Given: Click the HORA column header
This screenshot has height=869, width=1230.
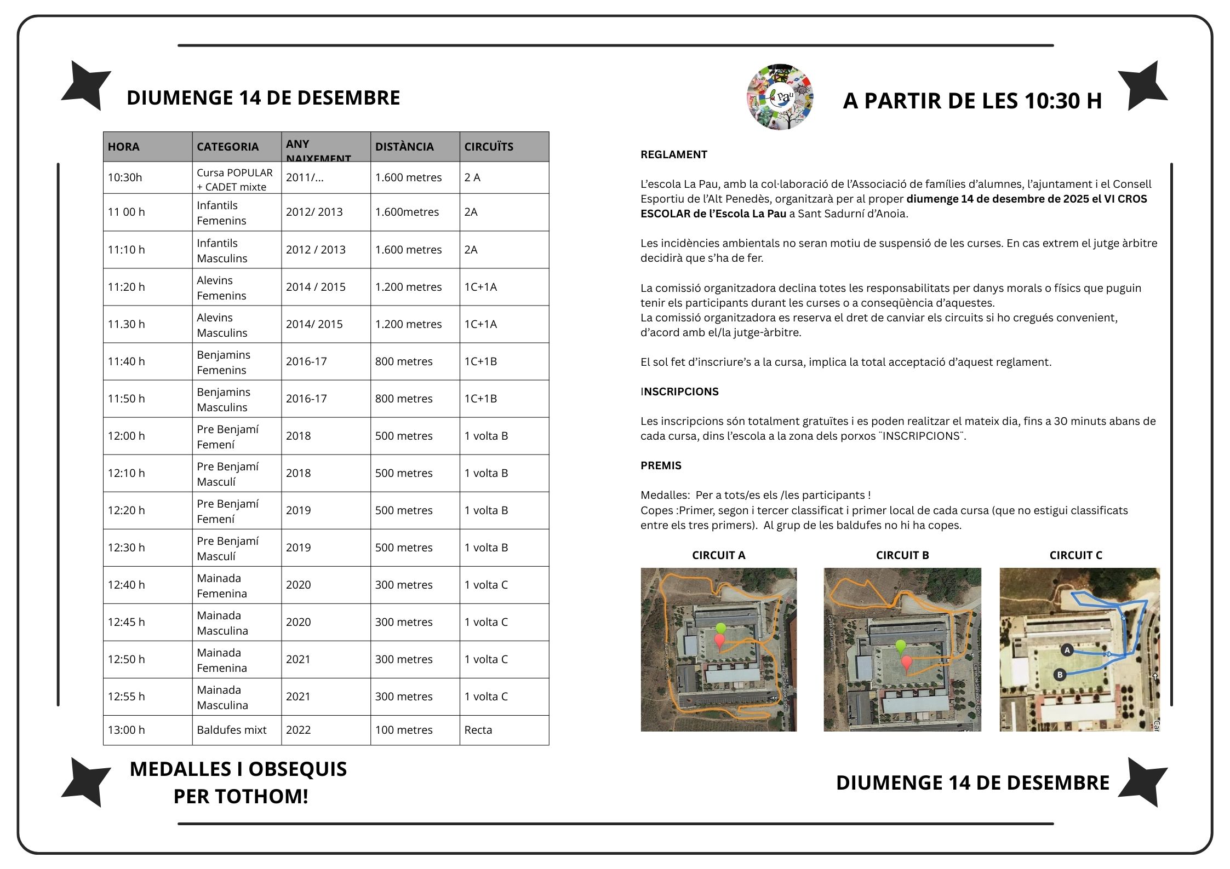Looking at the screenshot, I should point(124,147).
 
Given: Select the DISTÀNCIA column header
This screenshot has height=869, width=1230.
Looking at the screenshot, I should point(404,147).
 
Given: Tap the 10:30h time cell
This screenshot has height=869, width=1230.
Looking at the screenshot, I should point(125,177).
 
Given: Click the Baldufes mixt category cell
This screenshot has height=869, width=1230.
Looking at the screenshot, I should point(232,730).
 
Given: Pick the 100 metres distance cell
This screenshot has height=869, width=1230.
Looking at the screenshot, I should point(404,730).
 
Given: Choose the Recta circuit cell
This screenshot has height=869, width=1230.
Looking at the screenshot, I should point(478,730).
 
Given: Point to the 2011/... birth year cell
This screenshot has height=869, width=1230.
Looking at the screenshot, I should point(305,177).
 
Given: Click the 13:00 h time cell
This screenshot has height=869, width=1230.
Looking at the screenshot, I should point(126,730).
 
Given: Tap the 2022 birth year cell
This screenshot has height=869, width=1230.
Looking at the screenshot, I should point(299,730).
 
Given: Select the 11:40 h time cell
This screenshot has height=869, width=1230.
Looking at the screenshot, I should point(127,361).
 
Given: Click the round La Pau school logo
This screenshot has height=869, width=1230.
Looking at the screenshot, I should point(780,97).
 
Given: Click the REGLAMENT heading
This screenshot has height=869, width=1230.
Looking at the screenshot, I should point(674,154).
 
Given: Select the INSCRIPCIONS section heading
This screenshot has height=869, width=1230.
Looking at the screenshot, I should point(679,392).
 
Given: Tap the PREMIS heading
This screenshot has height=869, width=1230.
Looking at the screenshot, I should point(661,465).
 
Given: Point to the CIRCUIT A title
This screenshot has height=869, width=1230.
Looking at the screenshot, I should point(719,555).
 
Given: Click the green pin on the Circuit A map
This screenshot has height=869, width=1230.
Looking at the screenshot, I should point(720,629).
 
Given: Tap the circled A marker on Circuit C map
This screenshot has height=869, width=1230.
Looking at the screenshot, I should point(1067,650).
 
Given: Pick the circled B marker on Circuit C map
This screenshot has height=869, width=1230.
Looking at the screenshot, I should point(1060,675).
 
